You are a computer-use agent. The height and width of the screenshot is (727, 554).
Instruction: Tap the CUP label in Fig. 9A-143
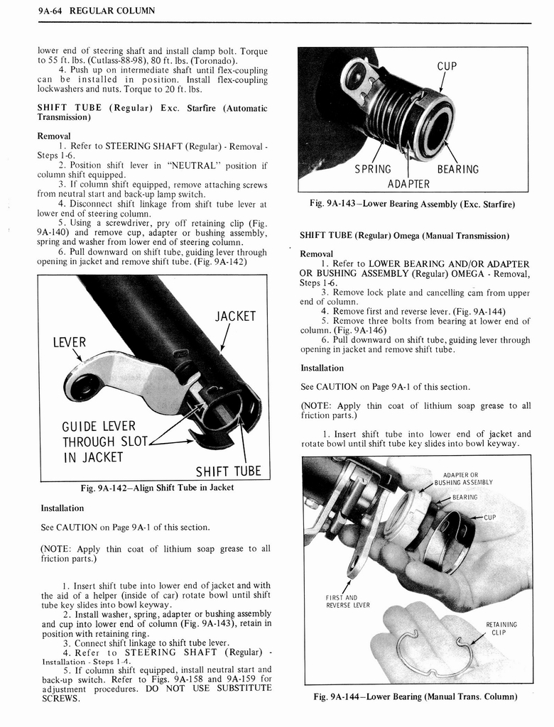coord(447,66)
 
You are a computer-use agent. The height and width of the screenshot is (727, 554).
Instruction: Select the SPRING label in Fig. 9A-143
coord(373,169)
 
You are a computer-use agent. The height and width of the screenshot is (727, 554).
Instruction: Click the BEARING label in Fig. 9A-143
coord(457,169)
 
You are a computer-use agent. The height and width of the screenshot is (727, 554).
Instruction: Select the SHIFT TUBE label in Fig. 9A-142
coord(228,471)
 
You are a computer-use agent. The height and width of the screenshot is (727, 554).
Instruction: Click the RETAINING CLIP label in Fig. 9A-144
coord(501,629)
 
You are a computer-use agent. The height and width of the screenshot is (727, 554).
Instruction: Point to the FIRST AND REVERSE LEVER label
coord(342,601)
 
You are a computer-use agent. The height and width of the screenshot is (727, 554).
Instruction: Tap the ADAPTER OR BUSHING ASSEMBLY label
coord(465,478)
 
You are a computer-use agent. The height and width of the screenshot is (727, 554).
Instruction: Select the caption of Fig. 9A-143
coord(412,204)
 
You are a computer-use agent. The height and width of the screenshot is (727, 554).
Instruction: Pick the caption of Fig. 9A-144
coord(415,696)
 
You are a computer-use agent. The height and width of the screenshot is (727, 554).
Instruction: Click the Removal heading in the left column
coord(54,136)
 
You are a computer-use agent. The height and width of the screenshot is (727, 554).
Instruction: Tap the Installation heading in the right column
coord(322,368)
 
